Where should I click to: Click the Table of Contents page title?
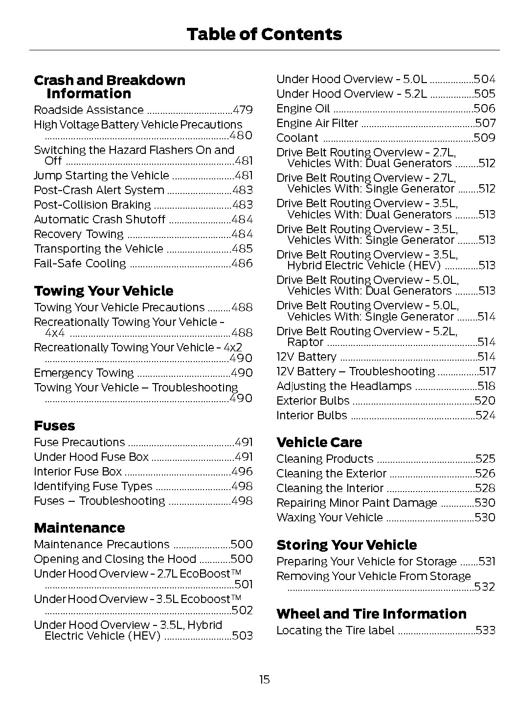click(x=264, y=34)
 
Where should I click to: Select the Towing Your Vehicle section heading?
click(x=104, y=291)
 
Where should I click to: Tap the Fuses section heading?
click(x=54, y=426)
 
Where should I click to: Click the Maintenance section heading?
click(x=79, y=528)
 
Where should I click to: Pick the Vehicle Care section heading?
click(x=319, y=443)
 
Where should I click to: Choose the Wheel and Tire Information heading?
click(x=371, y=614)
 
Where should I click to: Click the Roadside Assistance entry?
click(x=89, y=110)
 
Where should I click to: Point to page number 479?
click(x=243, y=110)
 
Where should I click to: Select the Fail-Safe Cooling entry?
click(x=80, y=264)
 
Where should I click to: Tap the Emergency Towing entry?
click(x=84, y=373)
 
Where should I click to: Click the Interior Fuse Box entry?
click(x=78, y=472)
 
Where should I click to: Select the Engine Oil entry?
click(x=303, y=109)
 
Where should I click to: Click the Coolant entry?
click(x=297, y=138)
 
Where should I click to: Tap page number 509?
click(x=484, y=138)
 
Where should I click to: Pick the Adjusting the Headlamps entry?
click(x=344, y=387)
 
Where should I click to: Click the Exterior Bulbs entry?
click(x=313, y=401)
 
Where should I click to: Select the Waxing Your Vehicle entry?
click(x=330, y=518)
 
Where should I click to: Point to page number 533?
click(x=485, y=631)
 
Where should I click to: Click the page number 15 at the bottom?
click(x=264, y=680)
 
